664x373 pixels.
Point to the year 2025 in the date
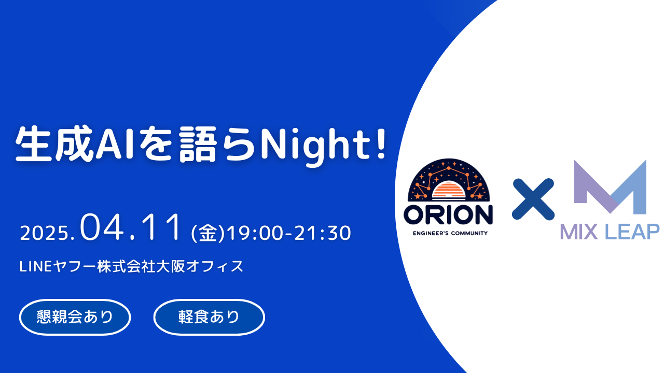pyautogui.click(x=45, y=233)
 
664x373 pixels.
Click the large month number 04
pyautogui.click(x=102, y=227)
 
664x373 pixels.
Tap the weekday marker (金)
pyautogui.click(x=208, y=233)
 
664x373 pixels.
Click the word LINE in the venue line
pyautogui.click(x=36, y=266)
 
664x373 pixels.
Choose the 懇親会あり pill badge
pyautogui.click(x=75, y=317)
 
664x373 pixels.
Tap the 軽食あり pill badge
pyautogui.click(x=209, y=317)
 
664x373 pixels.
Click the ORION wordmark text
pyautogui.click(x=448, y=215)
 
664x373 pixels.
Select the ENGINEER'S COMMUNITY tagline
pyautogui.click(x=450, y=233)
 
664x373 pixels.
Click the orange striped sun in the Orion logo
pyautogui.click(x=449, y=190)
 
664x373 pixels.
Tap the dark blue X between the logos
pyautogui.click(x=533, y=199)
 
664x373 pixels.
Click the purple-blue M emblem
pyautogui.click(x=610, y=187)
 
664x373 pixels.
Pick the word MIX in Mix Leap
pyautogui.click(x=578, y=232)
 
